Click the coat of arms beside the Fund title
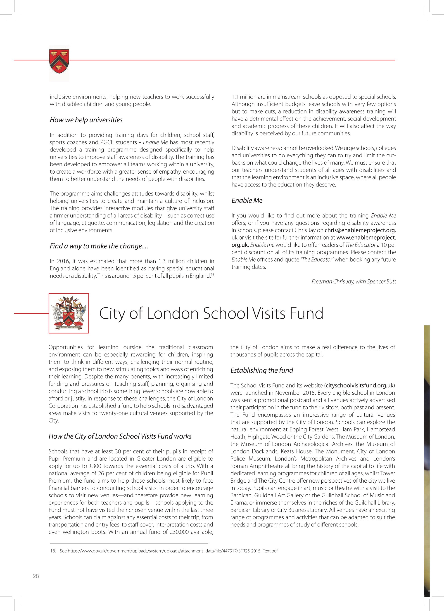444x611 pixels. pos(69,313)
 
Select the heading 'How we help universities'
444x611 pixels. pos(86,120)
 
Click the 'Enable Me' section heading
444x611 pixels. pos(247,201)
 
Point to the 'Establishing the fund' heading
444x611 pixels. pos(261,370)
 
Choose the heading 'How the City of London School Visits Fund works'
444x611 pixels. pos(120,436)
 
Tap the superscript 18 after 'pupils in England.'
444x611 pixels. pos(212,274)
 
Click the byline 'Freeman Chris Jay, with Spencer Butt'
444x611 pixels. pos(354,281)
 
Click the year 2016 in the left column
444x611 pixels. pos(62,261)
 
